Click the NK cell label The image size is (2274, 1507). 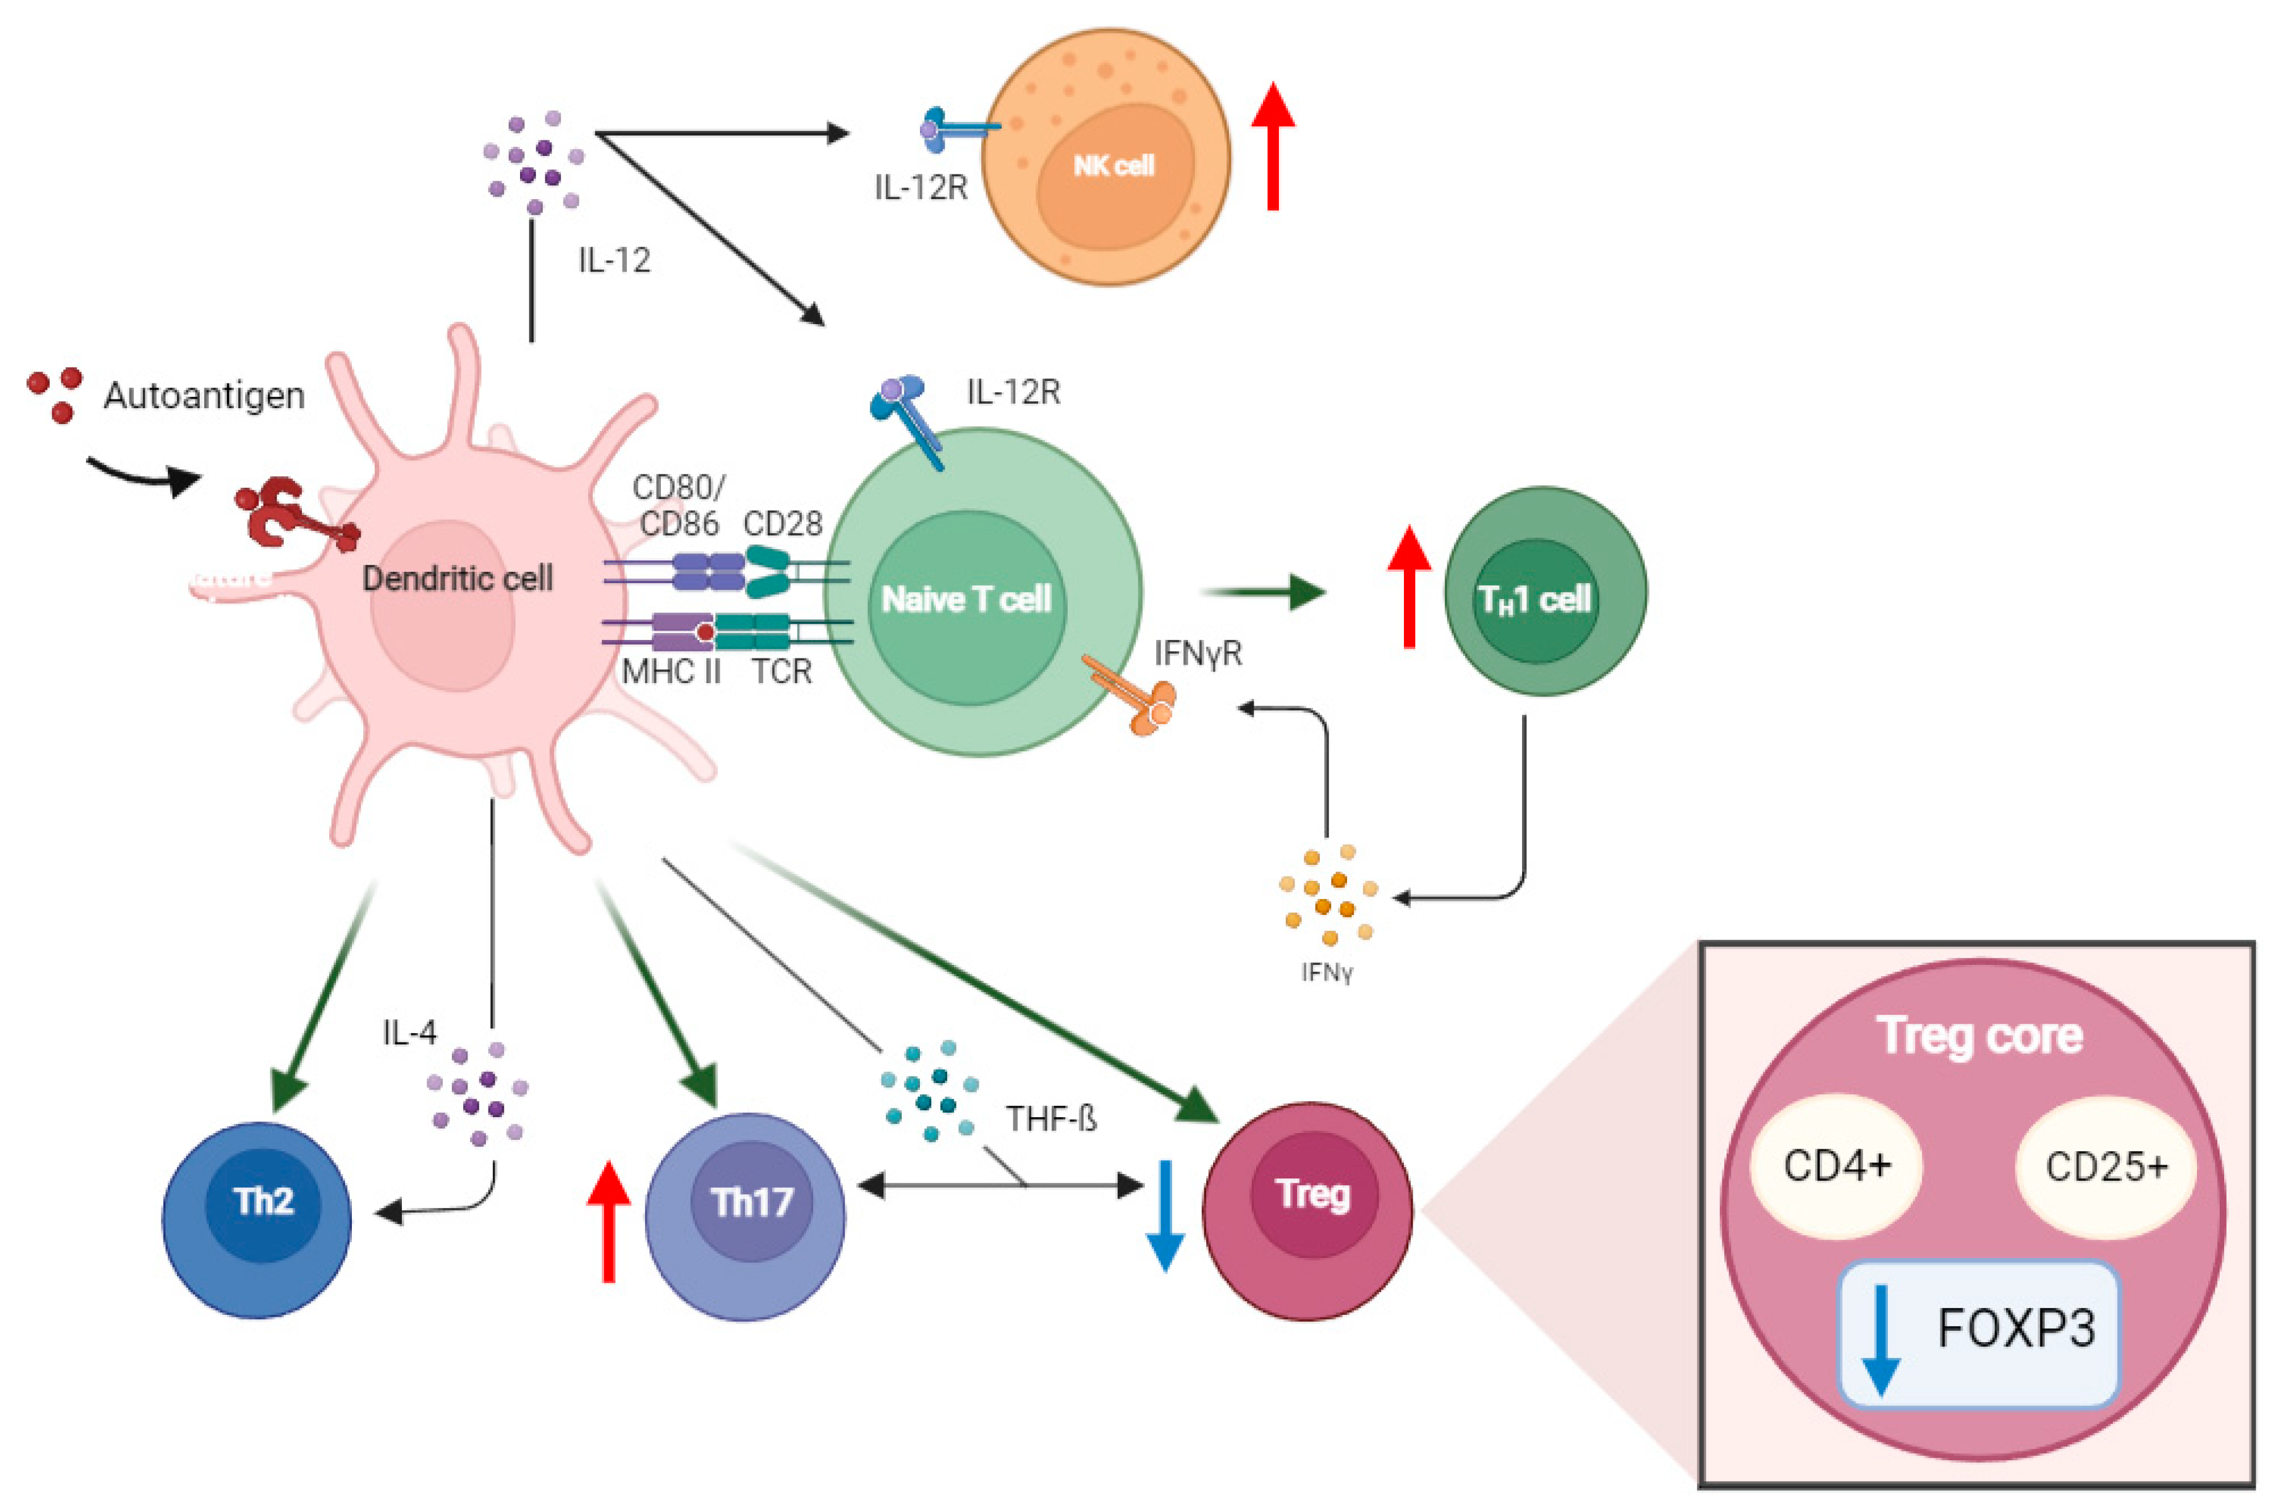[1113, 166]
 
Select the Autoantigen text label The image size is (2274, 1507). [203, 395]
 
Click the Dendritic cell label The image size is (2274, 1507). [457, 579]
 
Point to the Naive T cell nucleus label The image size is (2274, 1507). [967, 600]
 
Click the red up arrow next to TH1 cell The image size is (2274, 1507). [1409, 586]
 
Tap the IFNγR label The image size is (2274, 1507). [1197, 653]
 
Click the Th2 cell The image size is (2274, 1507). [257, 1219]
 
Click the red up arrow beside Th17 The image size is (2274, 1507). [608, 1221]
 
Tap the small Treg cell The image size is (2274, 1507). [1308, 1209]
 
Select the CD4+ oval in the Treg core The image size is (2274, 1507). [1837, 1166]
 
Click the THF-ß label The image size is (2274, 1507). [1051, 1118]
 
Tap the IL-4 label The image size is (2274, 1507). [409, 1033]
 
